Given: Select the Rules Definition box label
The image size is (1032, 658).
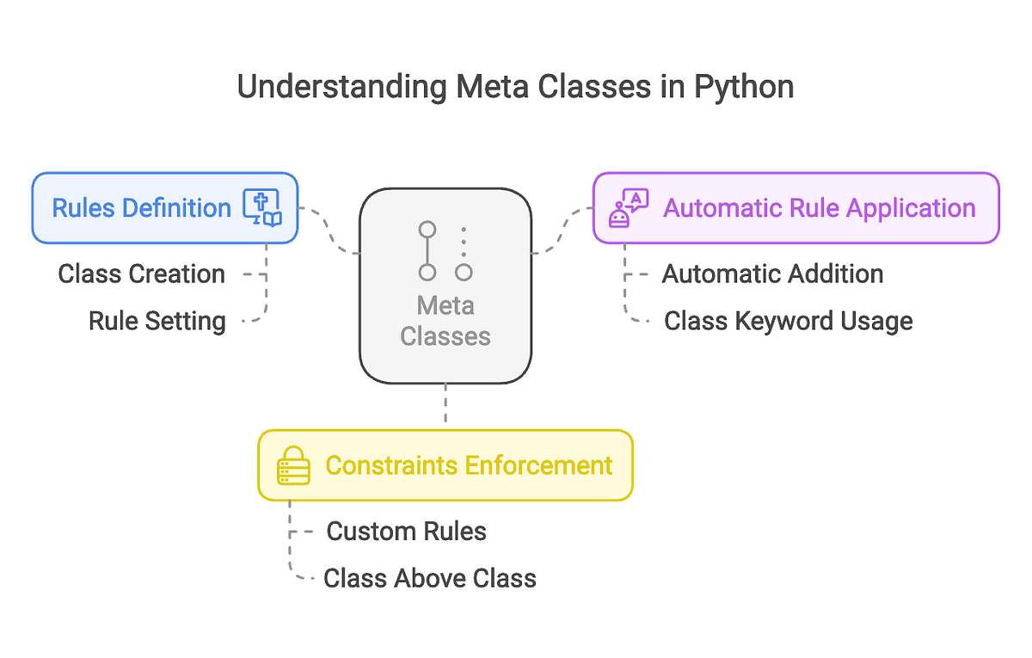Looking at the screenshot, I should point(142,208).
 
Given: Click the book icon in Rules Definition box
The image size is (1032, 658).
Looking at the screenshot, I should point(261,208).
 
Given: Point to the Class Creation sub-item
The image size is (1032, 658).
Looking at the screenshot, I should point(142,274).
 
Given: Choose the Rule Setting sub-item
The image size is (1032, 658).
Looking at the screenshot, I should point(157,321).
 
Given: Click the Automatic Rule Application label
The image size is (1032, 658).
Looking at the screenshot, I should point(819,208).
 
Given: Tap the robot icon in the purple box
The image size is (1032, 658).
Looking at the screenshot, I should point(628,208).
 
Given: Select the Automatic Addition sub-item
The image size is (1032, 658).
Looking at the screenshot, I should point(772,274).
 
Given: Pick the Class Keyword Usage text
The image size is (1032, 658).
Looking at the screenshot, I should point(788,321).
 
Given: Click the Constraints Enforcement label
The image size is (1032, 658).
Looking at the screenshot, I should point(469,465).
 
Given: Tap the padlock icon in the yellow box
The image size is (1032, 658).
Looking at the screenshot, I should point(292,465).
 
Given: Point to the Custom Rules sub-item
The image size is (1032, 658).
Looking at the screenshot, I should point(406,532).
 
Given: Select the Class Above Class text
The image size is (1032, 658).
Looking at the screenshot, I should point(429,578).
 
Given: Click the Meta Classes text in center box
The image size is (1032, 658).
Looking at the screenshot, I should point(445,321).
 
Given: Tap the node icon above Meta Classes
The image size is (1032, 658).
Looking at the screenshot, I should point(445,251).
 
